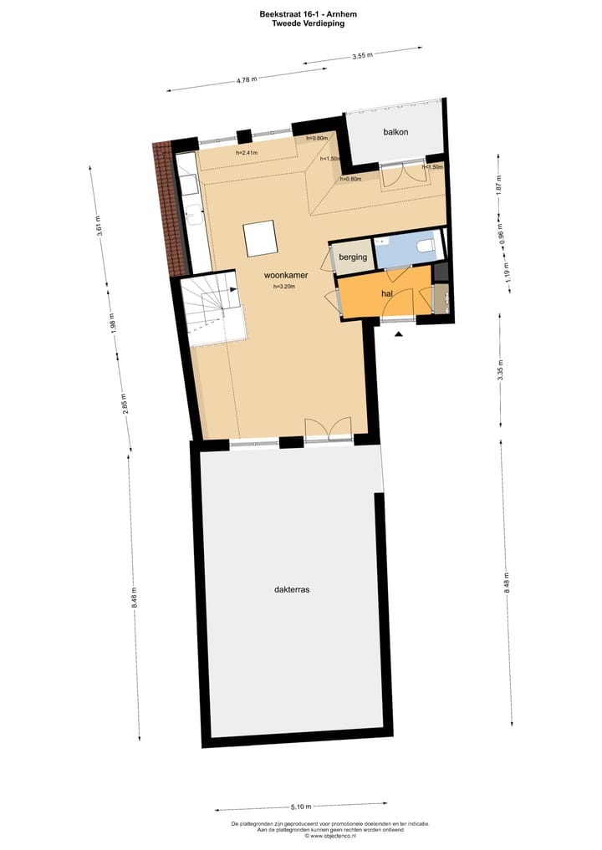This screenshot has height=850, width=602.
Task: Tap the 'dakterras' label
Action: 292,589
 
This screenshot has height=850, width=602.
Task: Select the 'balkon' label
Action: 395,132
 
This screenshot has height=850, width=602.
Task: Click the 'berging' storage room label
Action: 353,257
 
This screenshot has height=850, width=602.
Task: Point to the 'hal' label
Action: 387,295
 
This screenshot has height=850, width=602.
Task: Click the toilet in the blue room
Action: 425,247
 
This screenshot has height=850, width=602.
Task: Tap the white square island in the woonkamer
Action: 259,237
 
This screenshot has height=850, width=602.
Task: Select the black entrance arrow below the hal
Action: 399,334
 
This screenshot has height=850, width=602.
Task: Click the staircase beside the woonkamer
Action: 214,310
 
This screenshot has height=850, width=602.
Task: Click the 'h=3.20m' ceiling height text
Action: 285,287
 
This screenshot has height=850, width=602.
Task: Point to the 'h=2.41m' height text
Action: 247,153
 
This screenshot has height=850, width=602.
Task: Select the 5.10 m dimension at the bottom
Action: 301,807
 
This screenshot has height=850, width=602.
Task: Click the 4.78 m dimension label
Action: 247,79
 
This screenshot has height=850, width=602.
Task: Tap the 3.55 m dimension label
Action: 362,56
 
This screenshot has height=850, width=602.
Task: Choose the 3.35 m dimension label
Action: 501,374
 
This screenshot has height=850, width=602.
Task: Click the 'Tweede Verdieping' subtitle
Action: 308,24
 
